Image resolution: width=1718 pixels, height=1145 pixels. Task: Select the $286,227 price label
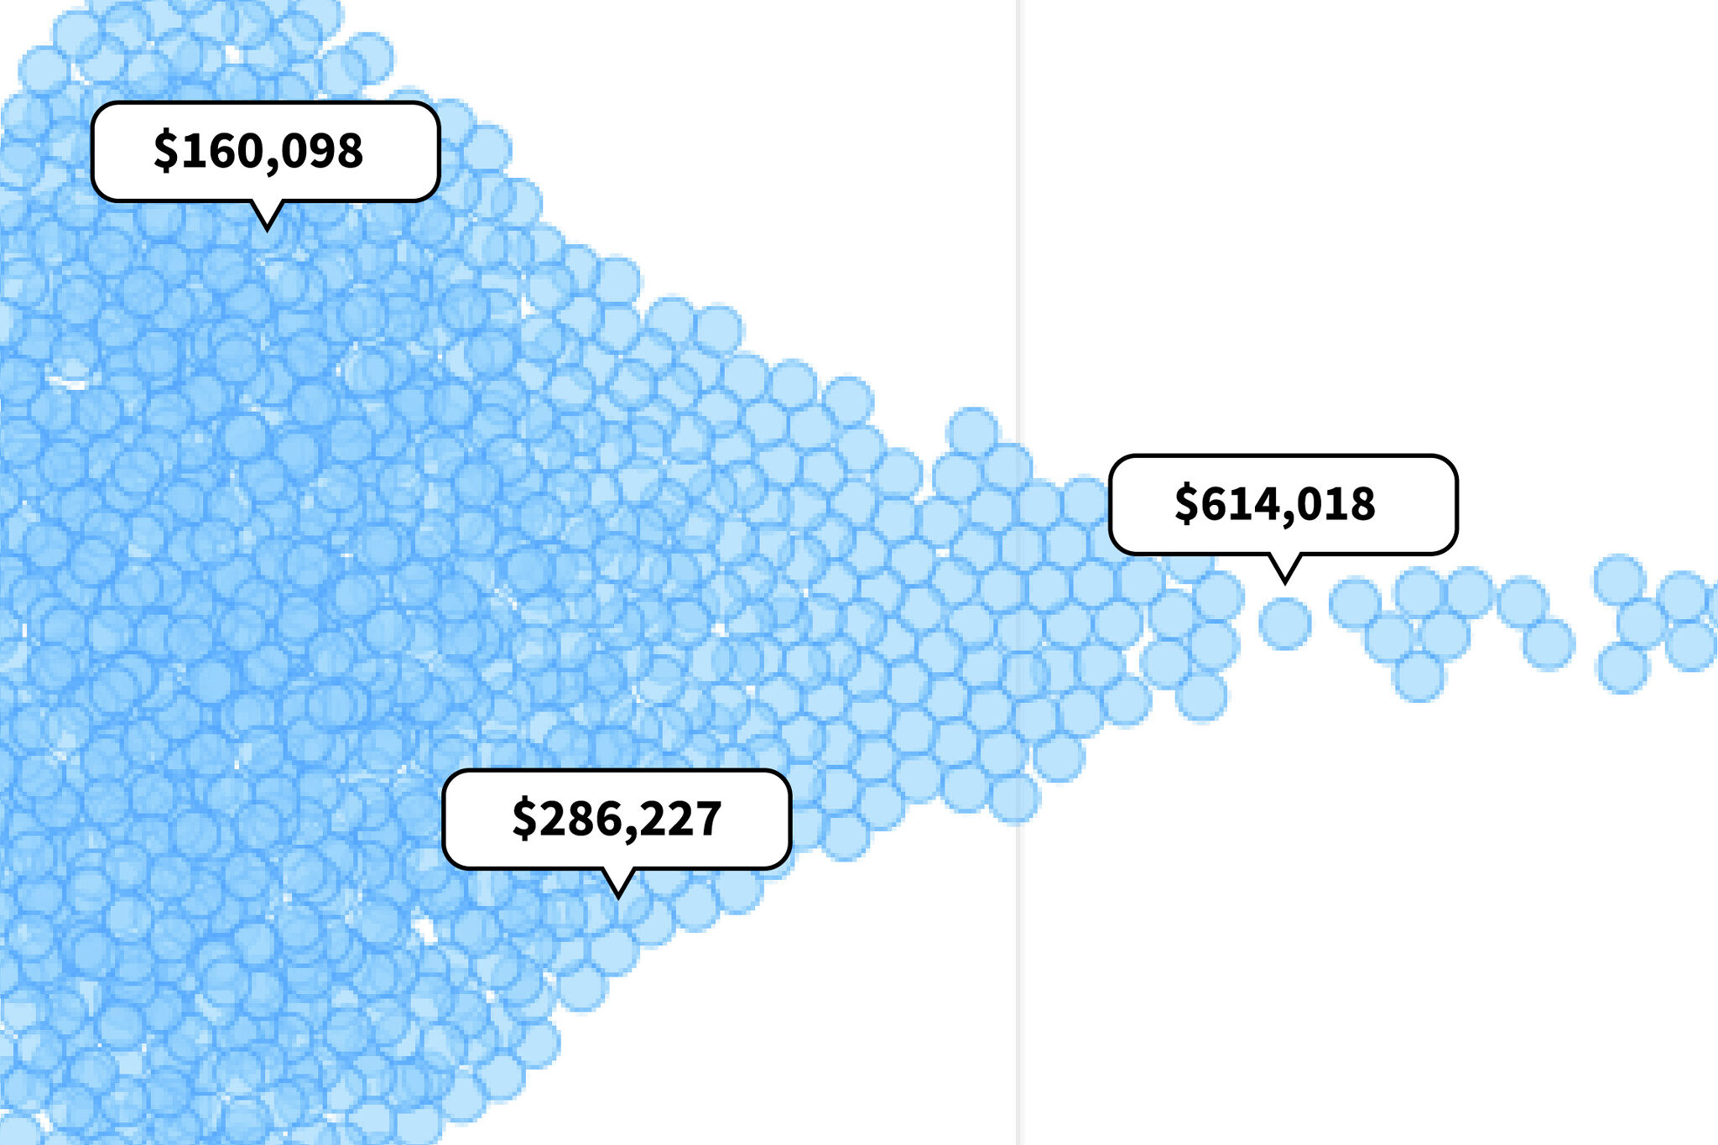617,819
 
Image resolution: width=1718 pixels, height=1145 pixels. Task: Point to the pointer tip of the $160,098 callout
267,227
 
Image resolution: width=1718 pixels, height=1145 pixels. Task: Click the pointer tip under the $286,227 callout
618,895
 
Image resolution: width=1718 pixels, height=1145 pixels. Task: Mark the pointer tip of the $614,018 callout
1284,580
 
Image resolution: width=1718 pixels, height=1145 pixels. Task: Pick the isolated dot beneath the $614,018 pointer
1284,623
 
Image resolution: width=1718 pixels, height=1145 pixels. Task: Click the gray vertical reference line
1018,252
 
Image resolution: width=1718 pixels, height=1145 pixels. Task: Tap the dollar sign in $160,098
165,151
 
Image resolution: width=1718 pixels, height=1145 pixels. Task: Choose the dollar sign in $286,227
524,819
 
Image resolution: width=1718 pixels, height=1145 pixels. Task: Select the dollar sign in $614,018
1186,504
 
